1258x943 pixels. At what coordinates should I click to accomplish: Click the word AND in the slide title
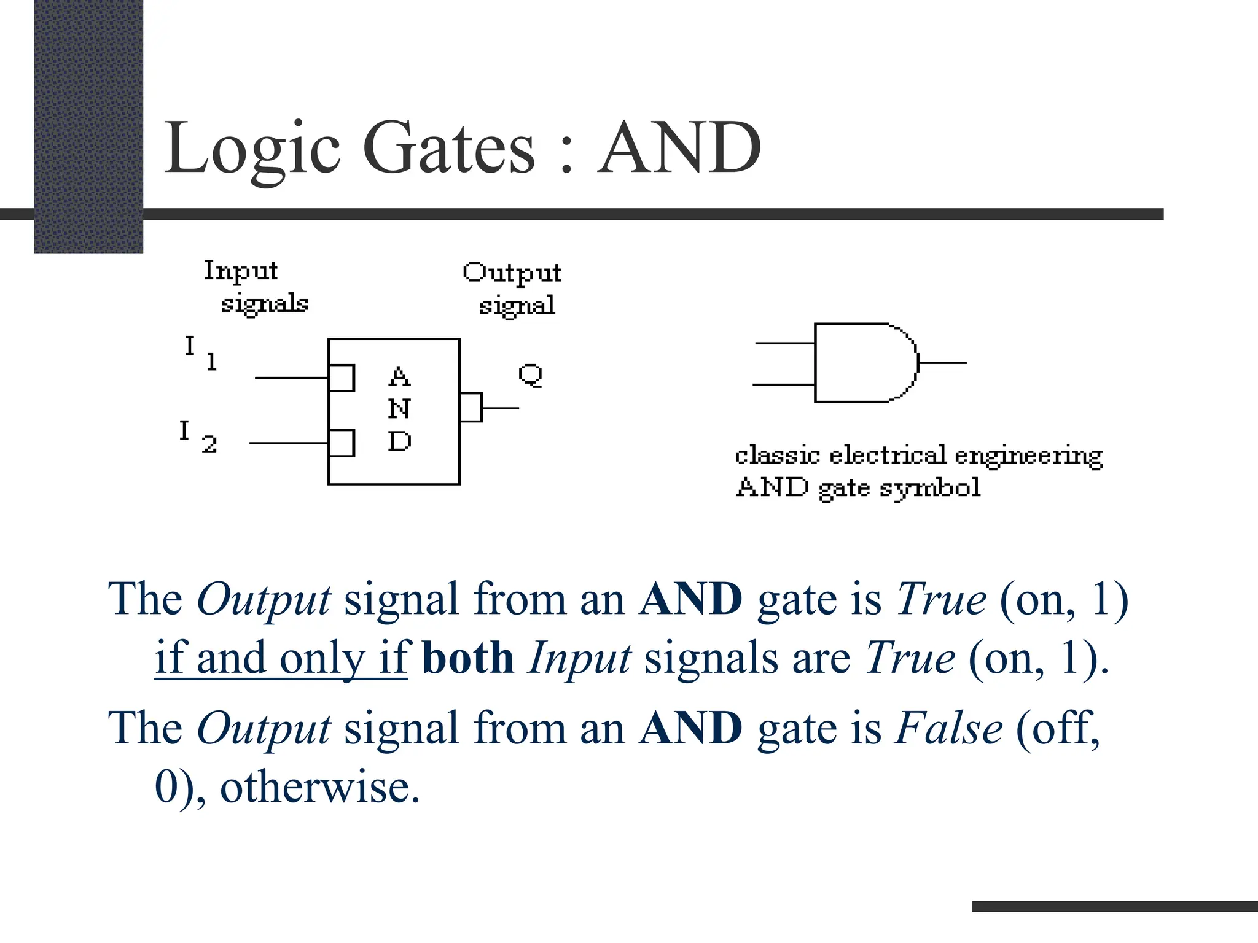point(679,148)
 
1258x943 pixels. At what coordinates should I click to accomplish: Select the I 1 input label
point(200,353)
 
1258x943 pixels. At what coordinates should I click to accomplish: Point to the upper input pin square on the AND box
point(342,378)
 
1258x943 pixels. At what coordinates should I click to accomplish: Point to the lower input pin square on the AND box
point(342,443)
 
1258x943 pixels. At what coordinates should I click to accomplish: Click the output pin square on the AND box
point(471,408)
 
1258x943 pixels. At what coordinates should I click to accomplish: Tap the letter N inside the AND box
point(399,409)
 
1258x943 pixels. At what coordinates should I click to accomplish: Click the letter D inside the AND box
point(399,441)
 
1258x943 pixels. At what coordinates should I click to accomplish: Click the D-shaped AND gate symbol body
point(863,363)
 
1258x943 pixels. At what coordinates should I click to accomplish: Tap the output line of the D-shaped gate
point(942,363)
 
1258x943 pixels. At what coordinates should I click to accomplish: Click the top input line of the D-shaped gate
point(784,344)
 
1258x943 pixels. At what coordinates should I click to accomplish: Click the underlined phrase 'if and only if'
point(281,658)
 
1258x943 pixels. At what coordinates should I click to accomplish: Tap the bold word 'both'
point(467,658)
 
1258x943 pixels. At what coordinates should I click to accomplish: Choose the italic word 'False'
point(949,729)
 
